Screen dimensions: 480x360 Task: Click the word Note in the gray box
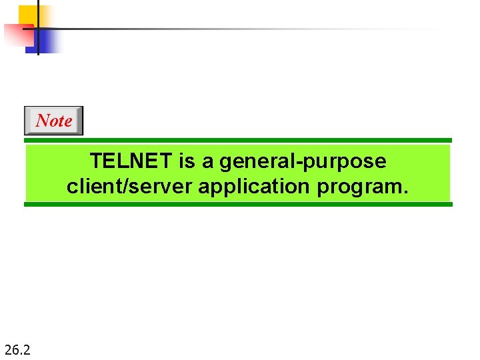click(x=53, y=121)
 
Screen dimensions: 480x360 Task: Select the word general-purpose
click(x=303, y=162)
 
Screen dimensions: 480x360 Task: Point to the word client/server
click(x=129, y=186)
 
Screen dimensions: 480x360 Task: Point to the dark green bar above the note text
click(x=238, y=141)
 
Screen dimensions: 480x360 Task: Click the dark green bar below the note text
click(x=238, y=204)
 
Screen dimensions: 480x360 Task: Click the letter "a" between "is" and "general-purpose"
click(x=207, y=162)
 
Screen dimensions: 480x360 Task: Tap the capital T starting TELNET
click(x=95, y=161)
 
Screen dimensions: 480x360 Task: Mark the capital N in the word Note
click(x=41, y=121)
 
